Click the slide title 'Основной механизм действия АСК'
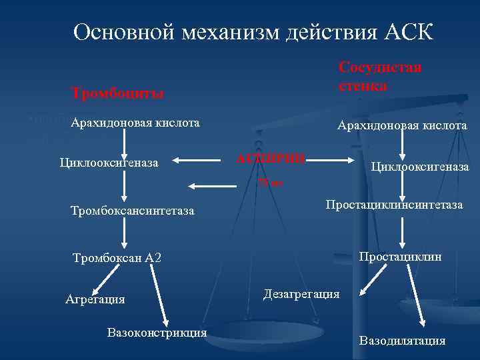click(x=253, y=32)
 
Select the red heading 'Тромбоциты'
click(x=119, y=93)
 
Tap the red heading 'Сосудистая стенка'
click(x=380, y=77)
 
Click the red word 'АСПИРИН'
click(x=271, y=159)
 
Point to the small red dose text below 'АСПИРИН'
click(x=271, y=182)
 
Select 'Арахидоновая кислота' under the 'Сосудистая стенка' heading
click(x=402, y=125)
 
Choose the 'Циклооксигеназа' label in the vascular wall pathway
click(x=420, y=166)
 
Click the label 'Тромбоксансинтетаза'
click(x=132, y=211)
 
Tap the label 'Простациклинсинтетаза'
click(x=394, y=205)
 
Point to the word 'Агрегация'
click(x=95, y=299)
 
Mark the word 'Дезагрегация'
click(x=301, y=293)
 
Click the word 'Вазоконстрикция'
click(x=157, y=332)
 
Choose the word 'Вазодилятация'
click(x=403, y=341)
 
